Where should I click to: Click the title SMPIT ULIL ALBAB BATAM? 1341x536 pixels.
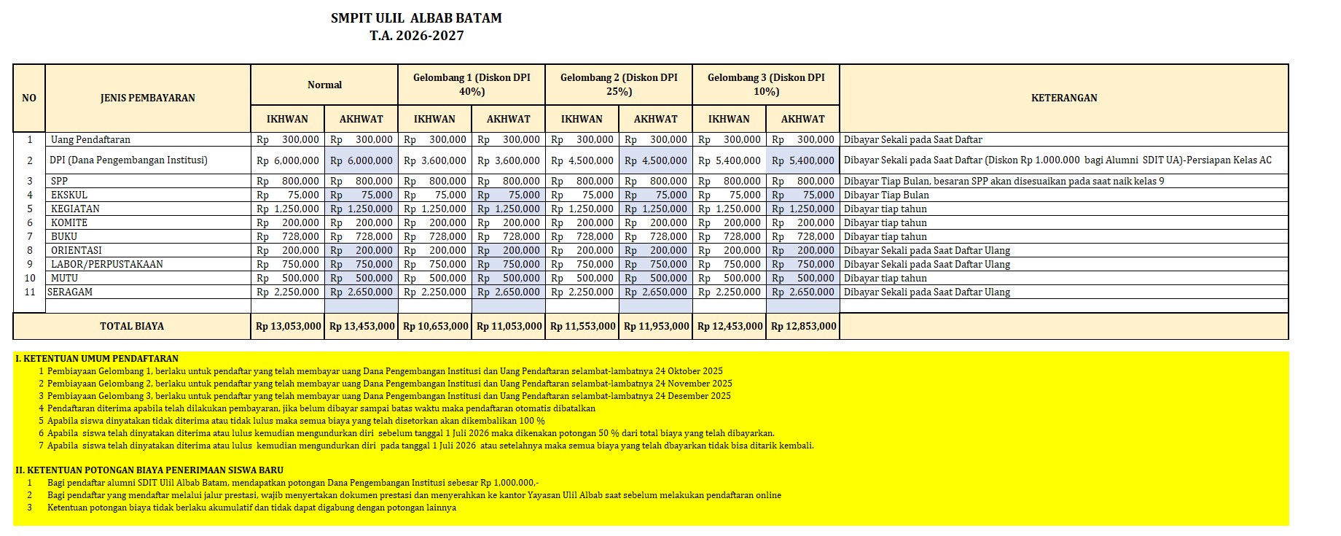(x=416, y=18)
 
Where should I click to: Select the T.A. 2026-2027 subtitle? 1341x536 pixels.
(x=416, y=36)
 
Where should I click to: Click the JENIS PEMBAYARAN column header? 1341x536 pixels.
(x=148, y=98)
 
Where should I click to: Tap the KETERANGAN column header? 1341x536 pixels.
(x=1063, y=98)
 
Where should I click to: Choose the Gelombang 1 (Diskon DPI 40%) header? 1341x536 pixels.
(x=472, y=85)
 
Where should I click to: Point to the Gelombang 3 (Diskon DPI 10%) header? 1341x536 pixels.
(x=766, y=85)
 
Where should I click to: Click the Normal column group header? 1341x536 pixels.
(x=324, y=85)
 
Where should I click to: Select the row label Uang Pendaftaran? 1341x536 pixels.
(x=90, y=139)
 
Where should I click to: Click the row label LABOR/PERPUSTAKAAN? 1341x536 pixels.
(x=106, y=264)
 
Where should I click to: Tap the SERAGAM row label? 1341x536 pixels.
(x=70, y=292)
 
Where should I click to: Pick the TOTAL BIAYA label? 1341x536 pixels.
(x=132, y=326)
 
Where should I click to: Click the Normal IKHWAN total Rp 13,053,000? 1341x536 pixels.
(x=288, y=326)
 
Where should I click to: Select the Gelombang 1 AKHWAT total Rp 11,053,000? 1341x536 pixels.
(x=509, y=326)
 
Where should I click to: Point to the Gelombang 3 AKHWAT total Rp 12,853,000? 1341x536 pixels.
(x=803, y=326)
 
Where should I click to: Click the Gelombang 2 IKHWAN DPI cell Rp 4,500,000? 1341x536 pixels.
(x=582, y=160)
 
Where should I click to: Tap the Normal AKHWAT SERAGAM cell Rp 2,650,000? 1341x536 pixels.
(x=361, y=292)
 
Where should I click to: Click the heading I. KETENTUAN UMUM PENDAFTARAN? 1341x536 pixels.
(x=97, y=359)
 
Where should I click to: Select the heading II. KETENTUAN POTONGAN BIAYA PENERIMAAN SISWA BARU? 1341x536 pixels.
(x=149, y=470)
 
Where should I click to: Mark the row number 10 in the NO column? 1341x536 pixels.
(x=30, y=278)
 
